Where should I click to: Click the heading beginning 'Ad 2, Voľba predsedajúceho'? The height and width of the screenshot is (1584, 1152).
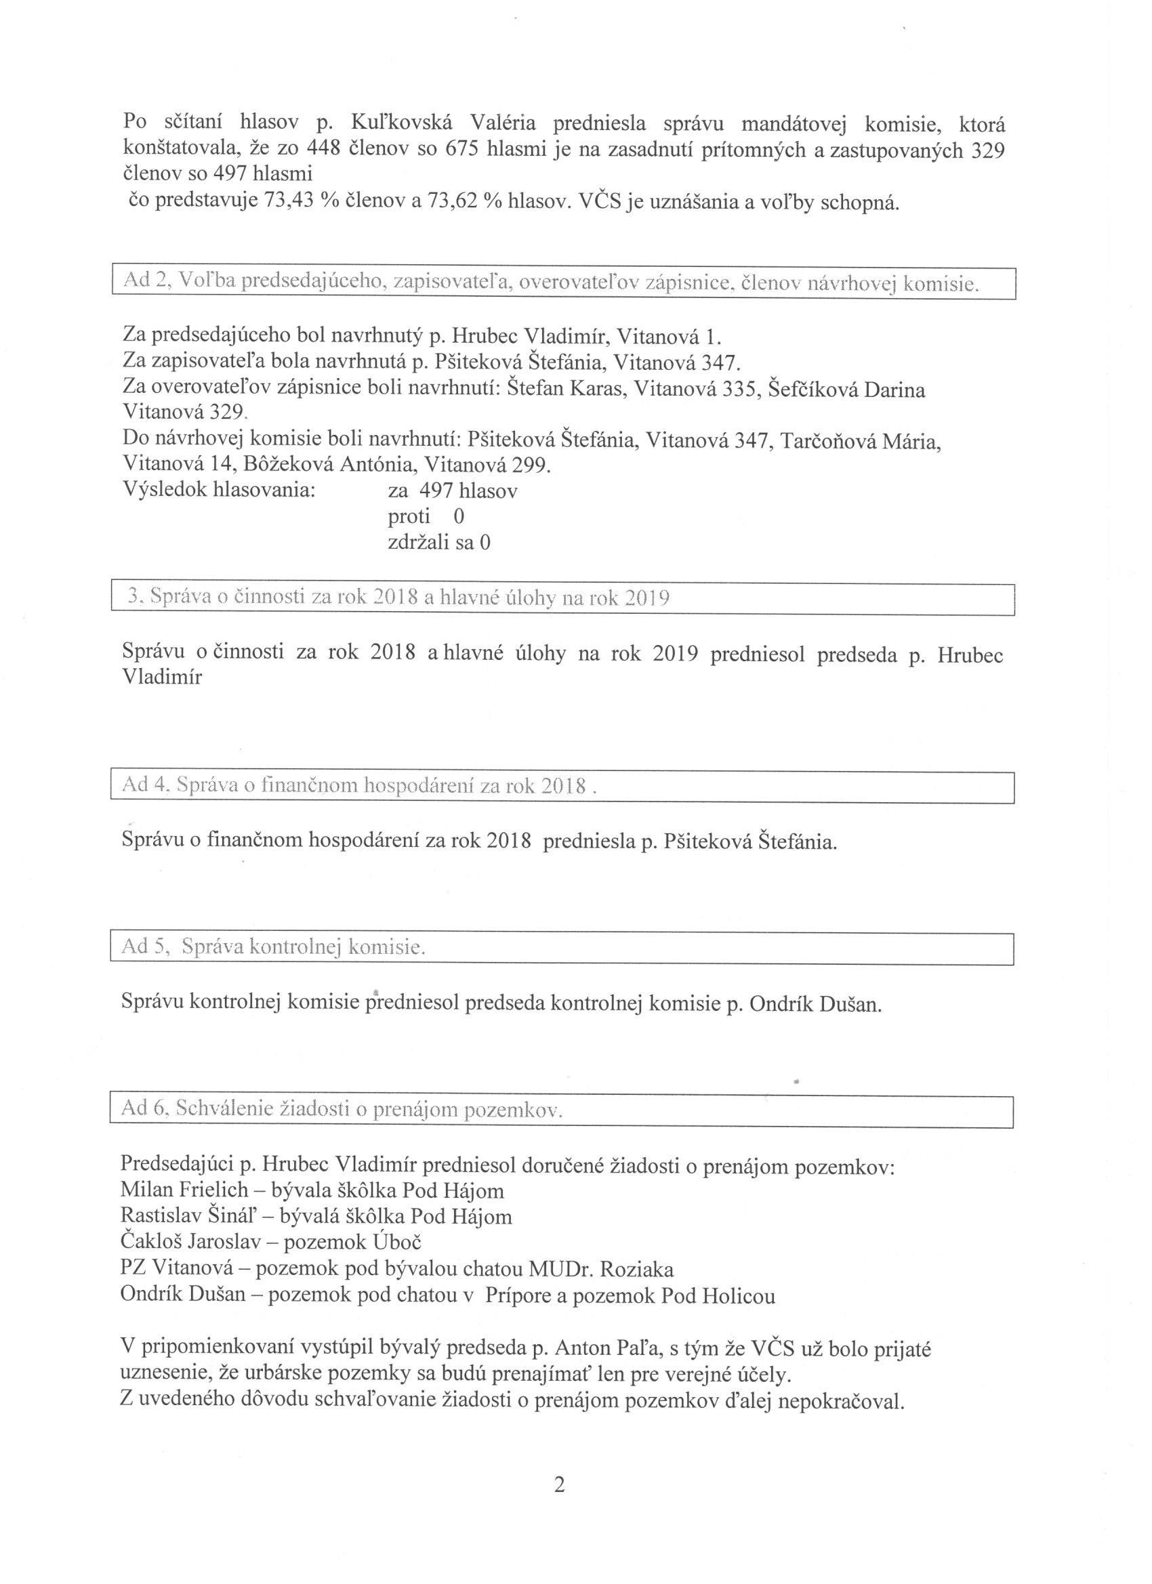point(551,283)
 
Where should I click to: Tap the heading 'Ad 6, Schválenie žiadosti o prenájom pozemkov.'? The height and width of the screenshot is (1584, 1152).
point(342,1110)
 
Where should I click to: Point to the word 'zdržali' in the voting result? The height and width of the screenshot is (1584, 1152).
point(419,543)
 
